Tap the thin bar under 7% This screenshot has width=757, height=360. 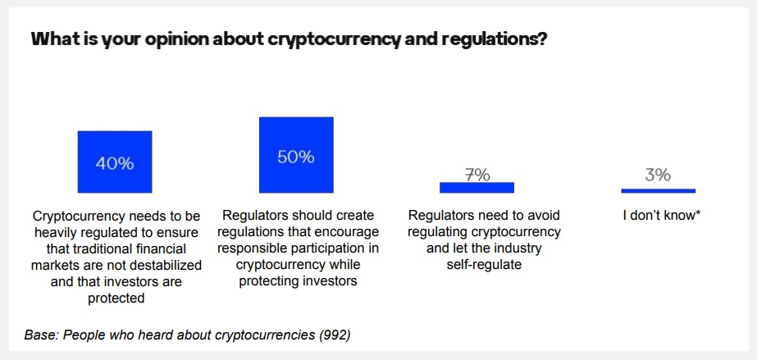477,188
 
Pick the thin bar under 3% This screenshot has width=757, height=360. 658,190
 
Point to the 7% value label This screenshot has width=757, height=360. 477,175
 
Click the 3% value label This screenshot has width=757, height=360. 658,175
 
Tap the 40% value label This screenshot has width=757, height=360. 115,163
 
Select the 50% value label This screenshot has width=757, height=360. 296,157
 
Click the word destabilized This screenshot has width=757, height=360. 166,265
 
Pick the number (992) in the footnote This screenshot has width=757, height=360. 334,335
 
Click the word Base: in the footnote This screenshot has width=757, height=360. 41,335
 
